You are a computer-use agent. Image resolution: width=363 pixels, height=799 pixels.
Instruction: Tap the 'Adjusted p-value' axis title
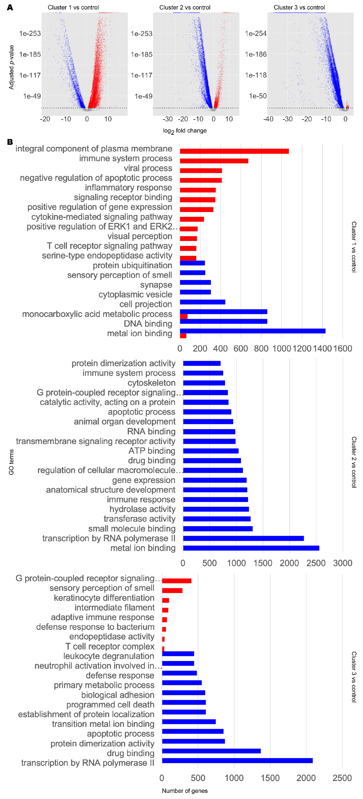pyautogui.click(x=11, y=67)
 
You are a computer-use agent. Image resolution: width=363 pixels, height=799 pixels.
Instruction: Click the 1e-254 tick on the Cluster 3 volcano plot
pyautogui.click(x=255, y=34)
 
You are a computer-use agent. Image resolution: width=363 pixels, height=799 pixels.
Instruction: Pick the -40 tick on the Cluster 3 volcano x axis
pyautogui.click(x=268, y=119)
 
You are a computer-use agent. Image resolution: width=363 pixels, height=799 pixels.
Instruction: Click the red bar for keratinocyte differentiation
pyautogui.click(x=165, y=600)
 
